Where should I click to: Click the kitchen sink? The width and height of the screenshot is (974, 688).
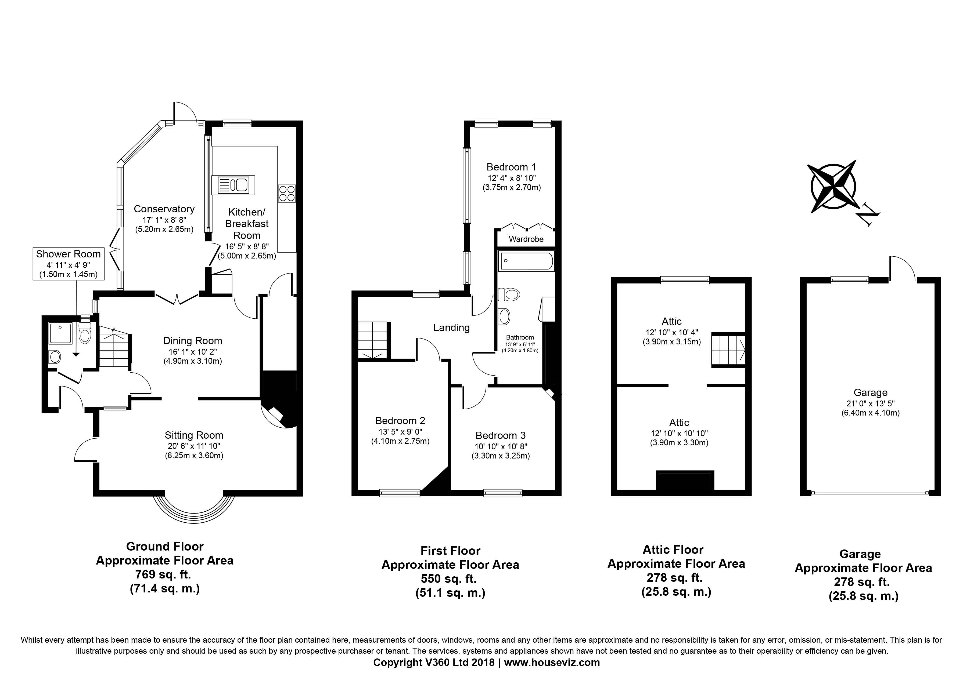coord(233,185)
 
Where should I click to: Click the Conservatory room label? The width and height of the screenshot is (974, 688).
coord(164,209)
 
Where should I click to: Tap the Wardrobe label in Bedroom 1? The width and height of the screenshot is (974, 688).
coord(526,239)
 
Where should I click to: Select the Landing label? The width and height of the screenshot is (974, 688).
coord(451,328)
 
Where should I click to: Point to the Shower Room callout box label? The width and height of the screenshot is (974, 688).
coord(68,254)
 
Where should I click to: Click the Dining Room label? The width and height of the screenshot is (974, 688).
coord(193,341)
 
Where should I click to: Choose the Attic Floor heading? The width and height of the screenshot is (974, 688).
coord(673,550)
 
